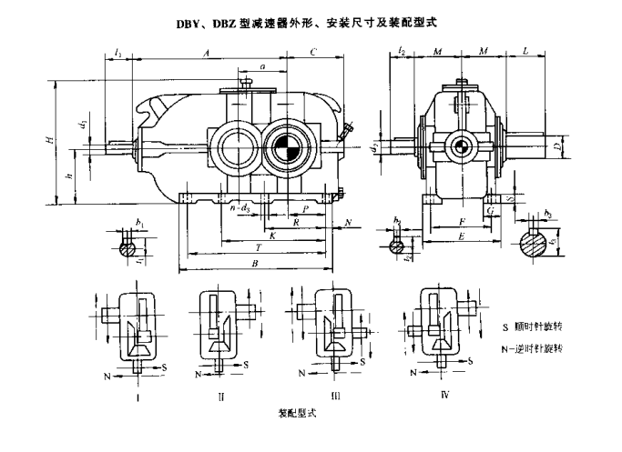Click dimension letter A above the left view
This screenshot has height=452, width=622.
(x=207, y=54)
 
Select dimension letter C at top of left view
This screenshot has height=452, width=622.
(x=313, y=54)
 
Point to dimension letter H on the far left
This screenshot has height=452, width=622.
(x=51, y=140)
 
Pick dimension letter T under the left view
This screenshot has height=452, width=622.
(x=260, y=247)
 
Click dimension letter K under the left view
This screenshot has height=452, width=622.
(x=272, y=235)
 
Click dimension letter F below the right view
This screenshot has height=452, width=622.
(x=464, y=220)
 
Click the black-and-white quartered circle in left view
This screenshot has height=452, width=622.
(x=285, y=145)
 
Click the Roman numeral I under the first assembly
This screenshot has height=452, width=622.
(x=136, y=396)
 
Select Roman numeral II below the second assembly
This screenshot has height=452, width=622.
(x=221, y=396)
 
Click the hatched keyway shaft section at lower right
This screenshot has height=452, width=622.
(x=535, y=244)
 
